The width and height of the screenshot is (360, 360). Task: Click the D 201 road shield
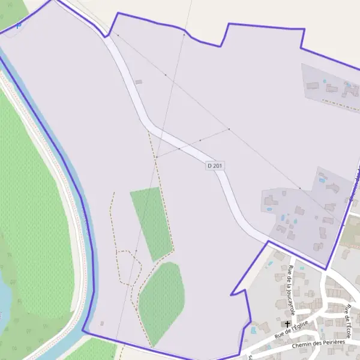pyautogui.click(x=215, y=165)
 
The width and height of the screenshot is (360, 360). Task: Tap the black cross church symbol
pyautogui.click(x=284, y=324)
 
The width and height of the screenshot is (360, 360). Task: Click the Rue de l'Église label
pyautogui.click(x=292, y=328)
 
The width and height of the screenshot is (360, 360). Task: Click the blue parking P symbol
pyautogui.click(x=19, y=25)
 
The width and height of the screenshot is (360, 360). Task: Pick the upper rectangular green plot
pyautogui.click(x=151, y=222)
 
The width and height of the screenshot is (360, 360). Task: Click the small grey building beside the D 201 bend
pyautogui.click(x=139, y=82)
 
